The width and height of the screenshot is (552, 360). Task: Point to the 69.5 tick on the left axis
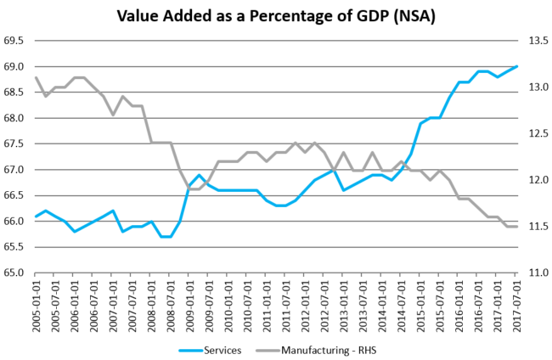14,41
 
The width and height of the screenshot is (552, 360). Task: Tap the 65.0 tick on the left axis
14,273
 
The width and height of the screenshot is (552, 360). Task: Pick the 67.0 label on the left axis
14,170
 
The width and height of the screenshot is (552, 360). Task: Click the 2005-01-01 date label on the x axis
36,307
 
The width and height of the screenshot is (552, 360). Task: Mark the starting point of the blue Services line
36,217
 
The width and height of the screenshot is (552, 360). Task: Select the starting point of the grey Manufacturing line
36,78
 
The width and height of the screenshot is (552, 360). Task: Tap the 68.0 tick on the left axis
14,118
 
